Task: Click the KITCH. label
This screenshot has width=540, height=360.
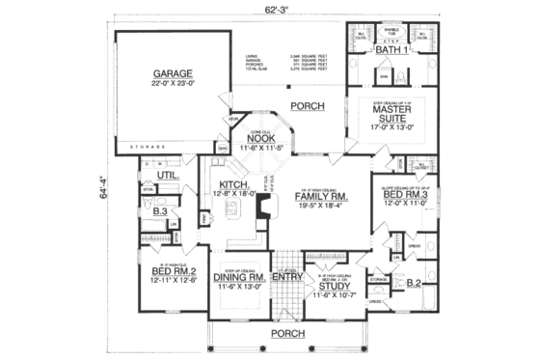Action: tap(235, 184)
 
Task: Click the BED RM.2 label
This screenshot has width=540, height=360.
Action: tap(172, 273)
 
